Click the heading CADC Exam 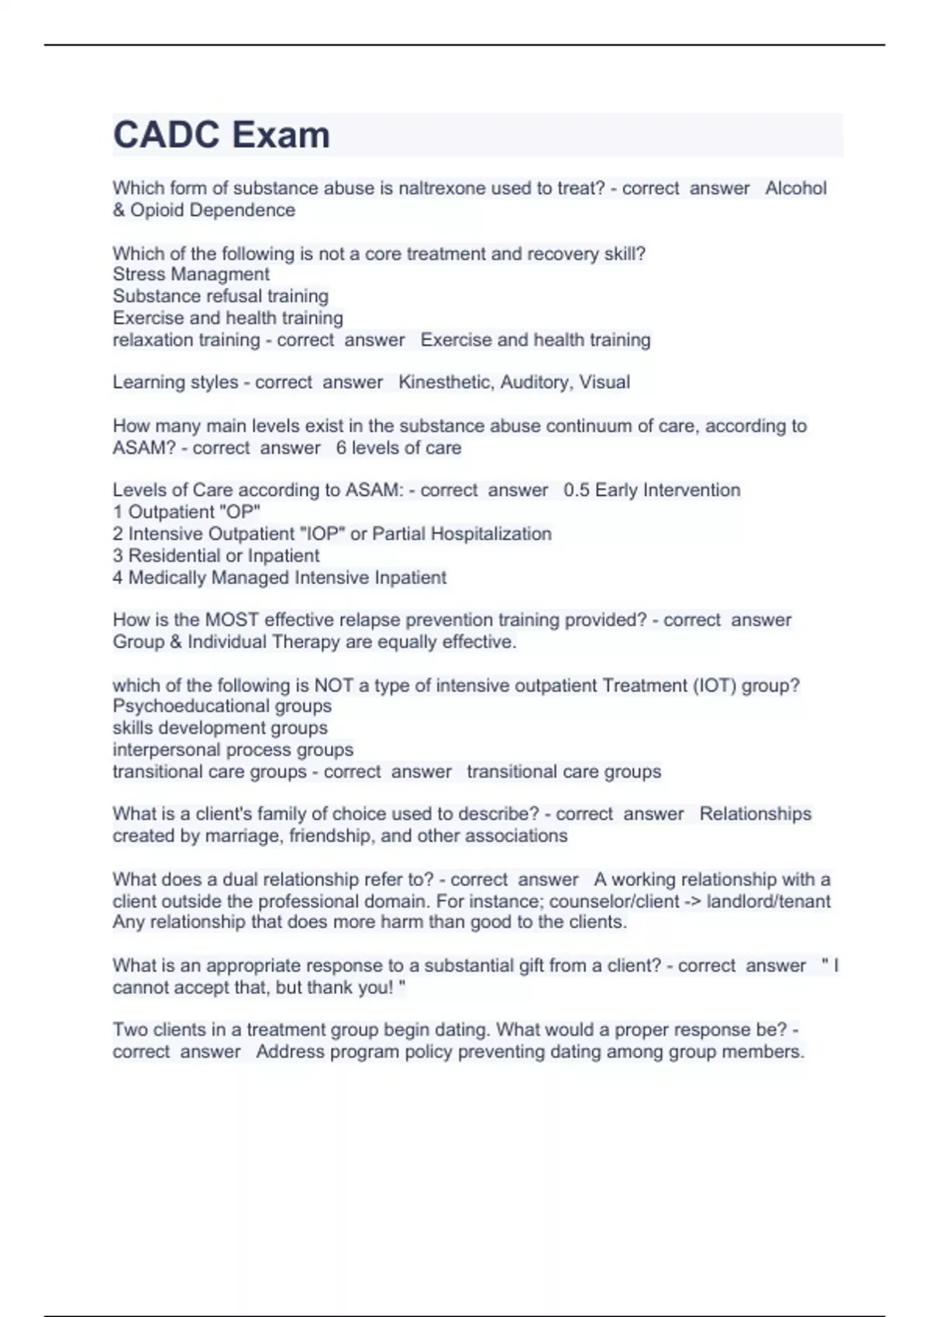pyautogui.click(x=222, y=135)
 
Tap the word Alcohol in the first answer pyautogui.click(x=796, y=188)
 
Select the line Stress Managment pyautogui.click(x=191, y=274)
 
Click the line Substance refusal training pyautogui.click(x=220, y=296)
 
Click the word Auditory pyautogui.click(x=536, y=382)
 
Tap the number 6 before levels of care pyautogui.click(x=341, y=448)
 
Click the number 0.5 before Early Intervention pyautogui.click(x=577, y=490)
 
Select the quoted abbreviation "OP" pyautogui.click(x=241, y=512)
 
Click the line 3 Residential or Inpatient pyautogui.click(x=215, y=555)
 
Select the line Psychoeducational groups pyautogui.click(x=222, y=706)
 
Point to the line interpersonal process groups pyautogui.click(x=232, y=750)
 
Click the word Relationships pyautogui.click(x=755, y=813)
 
